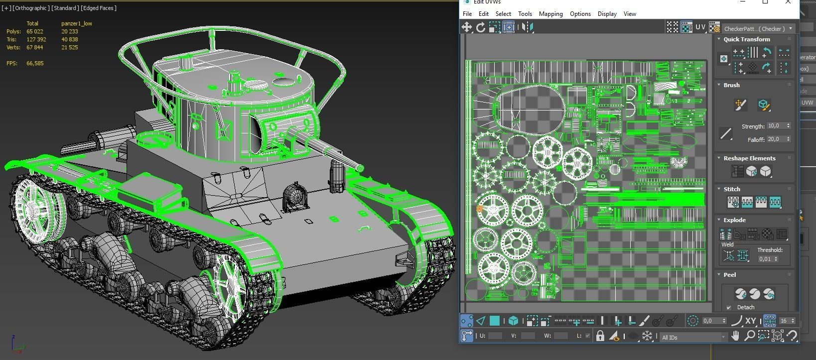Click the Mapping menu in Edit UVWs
point(550,14)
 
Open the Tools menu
point(525,14)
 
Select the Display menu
point(607,14)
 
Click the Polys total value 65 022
point(35,31)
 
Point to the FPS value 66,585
point(35,63)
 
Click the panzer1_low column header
point(76,23)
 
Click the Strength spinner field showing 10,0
point(776,126)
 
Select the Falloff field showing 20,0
point(776,139)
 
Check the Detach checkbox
point(729,307)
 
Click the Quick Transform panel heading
point(746,39)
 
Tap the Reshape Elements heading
point(749,158)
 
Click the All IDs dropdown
point(693,337)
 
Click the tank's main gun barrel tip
point(359,168)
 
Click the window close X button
point(788,2)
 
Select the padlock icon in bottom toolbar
point(600,336)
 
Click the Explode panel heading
point(734,220)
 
